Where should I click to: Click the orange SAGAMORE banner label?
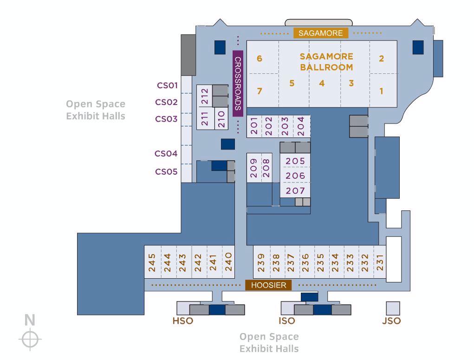point(321,33)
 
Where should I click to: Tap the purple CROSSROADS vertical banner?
point(238,84)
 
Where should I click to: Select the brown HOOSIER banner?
point(268,285)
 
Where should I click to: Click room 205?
point(295,161)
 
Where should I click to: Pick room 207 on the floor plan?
point(295,190)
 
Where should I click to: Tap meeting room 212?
point(204,96)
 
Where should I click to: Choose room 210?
point(221,119)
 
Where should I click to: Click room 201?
point(254,126)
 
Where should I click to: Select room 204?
point(301,126)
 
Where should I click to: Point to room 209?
point(253,168)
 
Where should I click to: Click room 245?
point(152,262)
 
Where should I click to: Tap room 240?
point(228,262)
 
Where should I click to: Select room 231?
point(380,262)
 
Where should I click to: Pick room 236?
point(306,262)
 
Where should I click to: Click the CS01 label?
point(167,85)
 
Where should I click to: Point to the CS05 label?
point(166,171)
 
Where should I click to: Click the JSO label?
point(391,321)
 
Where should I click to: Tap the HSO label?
point(183,321)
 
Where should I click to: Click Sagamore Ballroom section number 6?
point(260,59)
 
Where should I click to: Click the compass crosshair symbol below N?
point(30,339)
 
